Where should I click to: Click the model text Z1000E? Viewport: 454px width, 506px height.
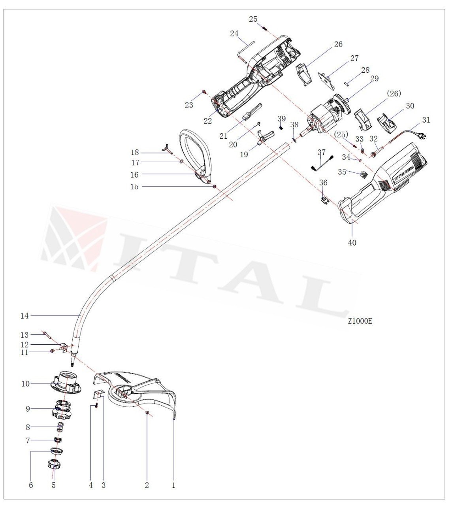click(x=360, y=321)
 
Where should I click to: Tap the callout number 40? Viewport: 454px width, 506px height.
click(x=352, y=243)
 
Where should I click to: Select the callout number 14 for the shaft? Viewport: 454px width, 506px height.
click(x=24, y=315)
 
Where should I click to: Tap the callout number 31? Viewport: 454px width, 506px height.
click(x=426, y=120)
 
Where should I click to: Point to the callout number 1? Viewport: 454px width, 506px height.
click(x=173, y=485)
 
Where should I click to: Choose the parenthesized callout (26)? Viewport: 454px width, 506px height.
click(x=394, y=94)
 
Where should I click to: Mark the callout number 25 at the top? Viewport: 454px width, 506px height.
click(x=253, y=19)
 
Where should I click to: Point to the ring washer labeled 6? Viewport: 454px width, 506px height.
click(x=57, y=451)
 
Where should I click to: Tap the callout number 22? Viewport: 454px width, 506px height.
click(x=208, y=121)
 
